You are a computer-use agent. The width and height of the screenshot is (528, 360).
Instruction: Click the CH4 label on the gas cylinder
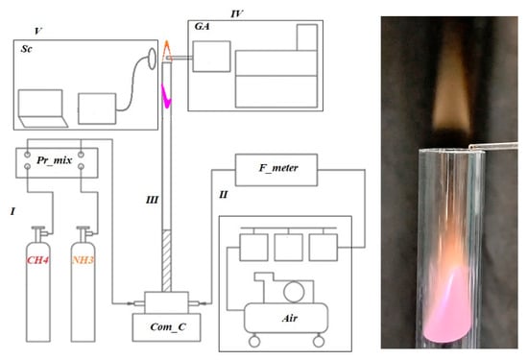[38, 260]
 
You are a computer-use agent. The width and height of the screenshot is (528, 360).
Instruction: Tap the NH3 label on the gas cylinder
[83, 260]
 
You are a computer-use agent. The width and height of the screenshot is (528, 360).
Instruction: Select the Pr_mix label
[54, 160]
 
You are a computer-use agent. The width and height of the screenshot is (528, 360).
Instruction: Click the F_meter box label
[278, 168]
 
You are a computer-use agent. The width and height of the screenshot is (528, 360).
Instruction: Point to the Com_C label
[168, 326]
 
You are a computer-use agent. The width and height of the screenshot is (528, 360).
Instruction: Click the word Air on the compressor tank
[290, 318]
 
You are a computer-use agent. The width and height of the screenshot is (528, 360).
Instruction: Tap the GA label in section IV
[202, 26]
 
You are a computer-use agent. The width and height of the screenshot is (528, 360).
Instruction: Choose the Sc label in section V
[27, 49]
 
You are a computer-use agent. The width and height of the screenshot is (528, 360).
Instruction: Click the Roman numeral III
[152, 200]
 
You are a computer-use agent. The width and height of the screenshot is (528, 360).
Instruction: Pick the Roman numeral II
[224, 195]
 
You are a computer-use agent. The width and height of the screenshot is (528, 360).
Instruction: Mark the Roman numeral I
[12, 211]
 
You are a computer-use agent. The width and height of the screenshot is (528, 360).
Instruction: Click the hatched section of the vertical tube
[166, 260]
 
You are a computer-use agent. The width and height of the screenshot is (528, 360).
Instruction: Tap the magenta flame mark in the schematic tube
[166, 96]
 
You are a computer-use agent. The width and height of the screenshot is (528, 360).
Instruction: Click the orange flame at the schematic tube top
[167, 51]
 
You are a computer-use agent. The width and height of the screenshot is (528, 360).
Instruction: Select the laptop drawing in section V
[43, 108]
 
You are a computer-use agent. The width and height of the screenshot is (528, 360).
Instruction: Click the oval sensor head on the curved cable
[153, 59]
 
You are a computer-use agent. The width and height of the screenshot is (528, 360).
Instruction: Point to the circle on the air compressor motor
[294, 292]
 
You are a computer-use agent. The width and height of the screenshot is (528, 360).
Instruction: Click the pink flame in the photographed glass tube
[447, 304]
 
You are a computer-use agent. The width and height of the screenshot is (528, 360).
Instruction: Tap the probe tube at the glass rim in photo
[493, 146]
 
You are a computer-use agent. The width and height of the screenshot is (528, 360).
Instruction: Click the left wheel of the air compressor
[254, 342]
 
